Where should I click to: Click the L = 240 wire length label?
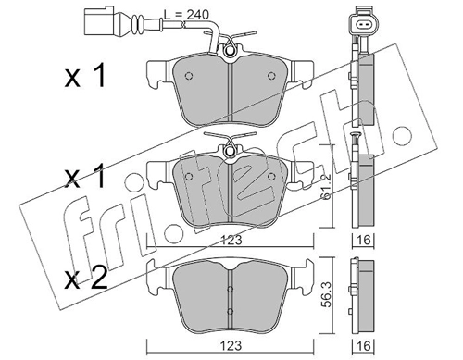pos(186,15)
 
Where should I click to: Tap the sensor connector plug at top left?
pos(99,20)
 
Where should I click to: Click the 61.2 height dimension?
pos(326,186)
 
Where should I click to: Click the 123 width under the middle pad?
pos(232,240)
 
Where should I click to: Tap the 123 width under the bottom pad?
pos(232,345)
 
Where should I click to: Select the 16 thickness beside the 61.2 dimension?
pos(364,240)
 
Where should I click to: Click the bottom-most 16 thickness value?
pos(364,345)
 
